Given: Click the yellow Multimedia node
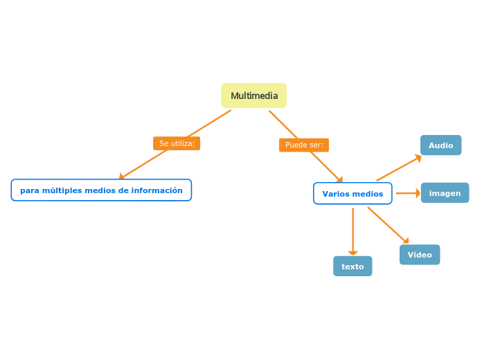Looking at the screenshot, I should coord(253,96).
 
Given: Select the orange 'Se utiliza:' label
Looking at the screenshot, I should coord(177,143).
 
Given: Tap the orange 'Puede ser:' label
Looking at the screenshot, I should coord(304,145).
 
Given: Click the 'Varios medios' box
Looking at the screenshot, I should coord(352,194).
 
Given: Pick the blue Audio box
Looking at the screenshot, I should coord(440,145).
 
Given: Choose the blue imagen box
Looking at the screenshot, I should coord(445,193).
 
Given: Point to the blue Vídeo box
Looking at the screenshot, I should coord(420,255).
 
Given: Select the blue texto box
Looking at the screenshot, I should coord(352,267).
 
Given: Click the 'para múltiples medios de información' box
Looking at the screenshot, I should coord(101,190).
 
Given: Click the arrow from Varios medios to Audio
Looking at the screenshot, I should coord(398,169).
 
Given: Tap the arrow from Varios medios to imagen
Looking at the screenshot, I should coord(407,194).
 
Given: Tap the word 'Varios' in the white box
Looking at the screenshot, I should coord(336,194).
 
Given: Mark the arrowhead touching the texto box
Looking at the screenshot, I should coord(353,253).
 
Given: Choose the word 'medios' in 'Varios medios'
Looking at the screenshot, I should coord(368,194).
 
